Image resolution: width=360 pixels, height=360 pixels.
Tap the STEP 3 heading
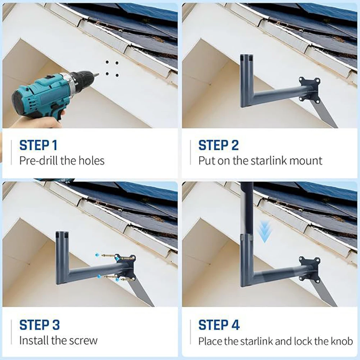[40, 325]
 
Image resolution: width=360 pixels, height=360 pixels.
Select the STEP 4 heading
[219, 325]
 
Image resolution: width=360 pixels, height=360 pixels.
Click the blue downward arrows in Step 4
[264, 232]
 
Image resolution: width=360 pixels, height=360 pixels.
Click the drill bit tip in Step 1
[98, 74]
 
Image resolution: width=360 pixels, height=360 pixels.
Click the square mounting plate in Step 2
[310, 90]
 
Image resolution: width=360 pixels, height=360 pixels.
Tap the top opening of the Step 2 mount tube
[246, 55]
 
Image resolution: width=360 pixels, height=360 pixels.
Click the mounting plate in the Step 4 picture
[310, 269]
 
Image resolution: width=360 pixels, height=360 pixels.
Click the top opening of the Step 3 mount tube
[62, 233]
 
